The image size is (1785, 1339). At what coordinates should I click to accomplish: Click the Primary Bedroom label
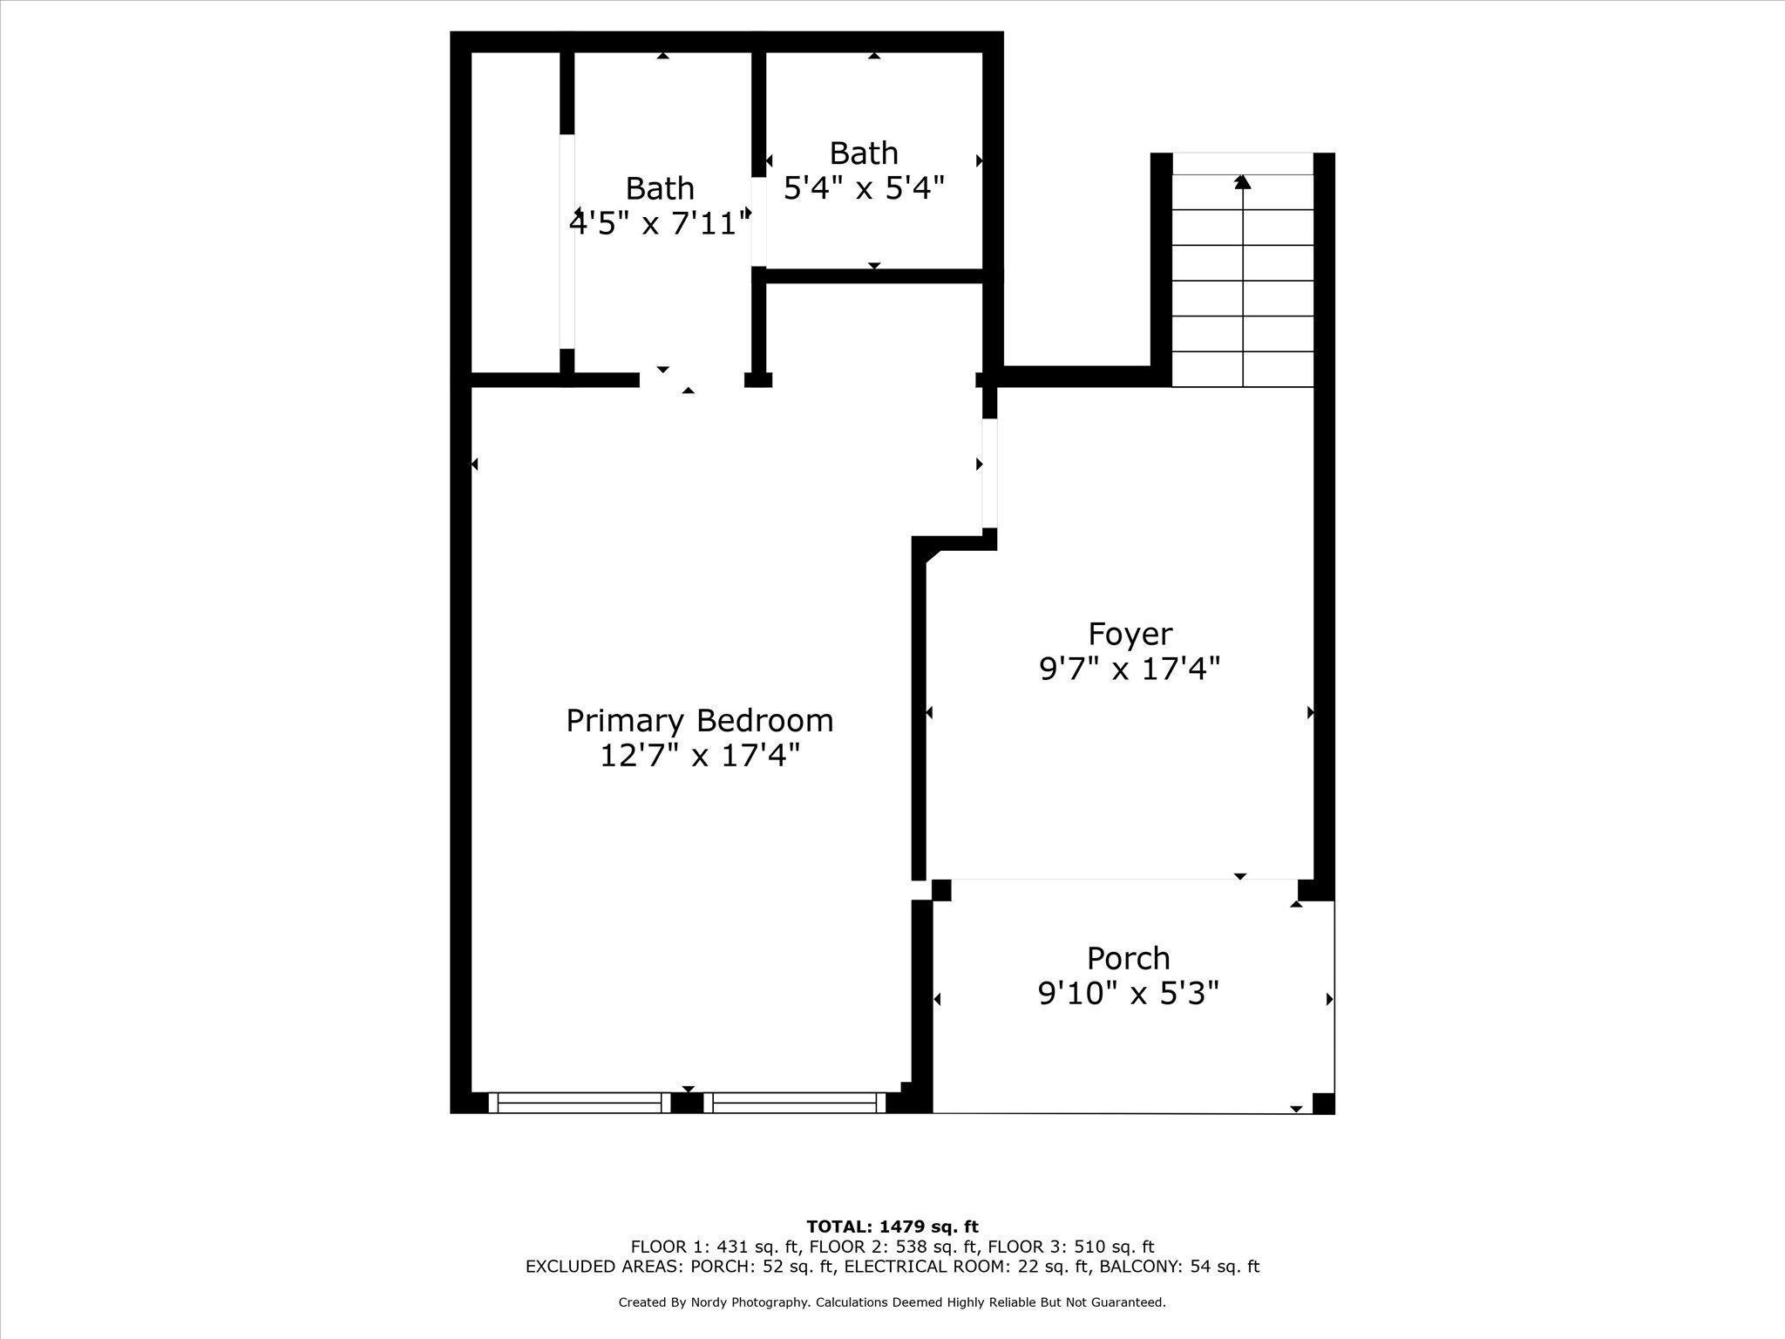click(x=700, y=721)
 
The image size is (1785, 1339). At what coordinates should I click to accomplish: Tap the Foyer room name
click(x=1130, y=634)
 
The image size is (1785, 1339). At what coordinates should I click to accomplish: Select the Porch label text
click(x=1129, y=958)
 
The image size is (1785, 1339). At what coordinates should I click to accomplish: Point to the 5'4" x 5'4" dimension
click(x=864, y=187)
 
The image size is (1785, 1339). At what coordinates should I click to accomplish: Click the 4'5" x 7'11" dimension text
click(x=660, y=223)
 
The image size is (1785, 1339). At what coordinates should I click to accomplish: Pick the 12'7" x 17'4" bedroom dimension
click(x=700, y=755)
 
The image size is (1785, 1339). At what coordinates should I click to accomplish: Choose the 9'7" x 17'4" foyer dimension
click(x=1130, y=669)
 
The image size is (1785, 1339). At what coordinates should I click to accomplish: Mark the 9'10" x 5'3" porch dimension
click(x=1129, y=992)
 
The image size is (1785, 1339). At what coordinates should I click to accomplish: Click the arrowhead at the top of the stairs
click(x=1243, y=181)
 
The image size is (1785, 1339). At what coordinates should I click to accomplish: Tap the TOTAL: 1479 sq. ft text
click(x=892, y=1227)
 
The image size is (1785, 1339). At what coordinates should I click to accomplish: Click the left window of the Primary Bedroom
click(x=580, y=1103)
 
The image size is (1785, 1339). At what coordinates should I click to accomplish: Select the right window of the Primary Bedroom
click(x=795, y=1103)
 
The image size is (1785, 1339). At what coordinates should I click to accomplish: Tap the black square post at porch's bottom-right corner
click(x=1323, y=1103)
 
